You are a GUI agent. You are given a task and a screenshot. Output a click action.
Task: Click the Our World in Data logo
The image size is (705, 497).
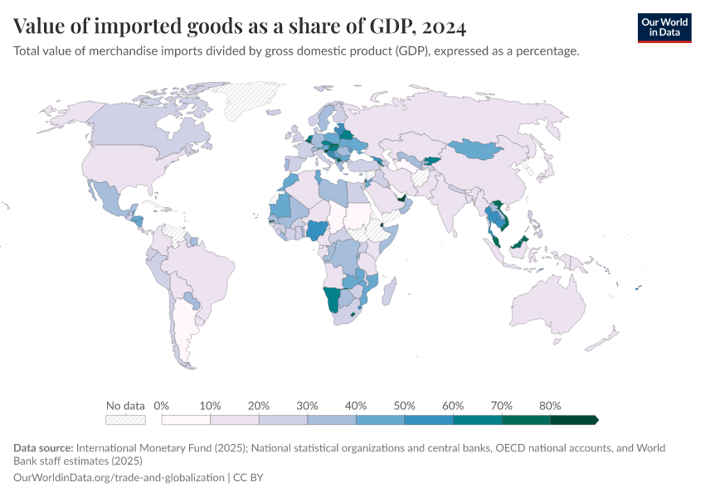click(x=664, y=27)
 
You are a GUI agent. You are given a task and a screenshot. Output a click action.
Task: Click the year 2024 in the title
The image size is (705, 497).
click(x=444, y=27)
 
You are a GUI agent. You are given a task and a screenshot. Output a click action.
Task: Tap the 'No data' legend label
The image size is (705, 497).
click(x=125, y=406)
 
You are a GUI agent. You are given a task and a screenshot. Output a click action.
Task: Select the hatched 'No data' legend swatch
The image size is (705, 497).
click(x=125, y=420)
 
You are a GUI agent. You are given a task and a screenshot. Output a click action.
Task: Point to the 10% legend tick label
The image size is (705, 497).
click(x=210, y=406)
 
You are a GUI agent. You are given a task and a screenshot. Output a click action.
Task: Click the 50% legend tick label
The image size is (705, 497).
click(x=404, y=406)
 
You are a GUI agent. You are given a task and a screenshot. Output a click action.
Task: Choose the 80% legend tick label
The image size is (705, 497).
click(x=550, y=406)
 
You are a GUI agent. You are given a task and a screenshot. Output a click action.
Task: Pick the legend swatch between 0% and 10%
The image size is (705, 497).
click(x=186, y=420)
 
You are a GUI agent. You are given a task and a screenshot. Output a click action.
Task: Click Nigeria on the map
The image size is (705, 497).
click(x=318, y=229)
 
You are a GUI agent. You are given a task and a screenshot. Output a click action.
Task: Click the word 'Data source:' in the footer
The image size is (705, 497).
click(x=44, y=448)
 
